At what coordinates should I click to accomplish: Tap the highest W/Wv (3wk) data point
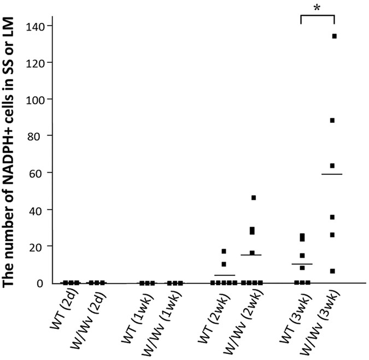(334, 36)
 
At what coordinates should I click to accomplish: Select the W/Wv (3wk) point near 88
(332, 120)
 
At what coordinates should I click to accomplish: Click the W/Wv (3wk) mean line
(332, 174)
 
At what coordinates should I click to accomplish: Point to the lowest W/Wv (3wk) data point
(332, 271)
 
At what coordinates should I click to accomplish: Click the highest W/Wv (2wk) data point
(254, 198)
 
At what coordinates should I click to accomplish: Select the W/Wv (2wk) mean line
(251, 255)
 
